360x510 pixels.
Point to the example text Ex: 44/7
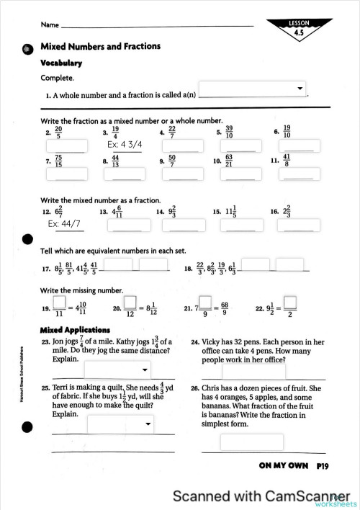[65, 225]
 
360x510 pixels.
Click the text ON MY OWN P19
[294, 466]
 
